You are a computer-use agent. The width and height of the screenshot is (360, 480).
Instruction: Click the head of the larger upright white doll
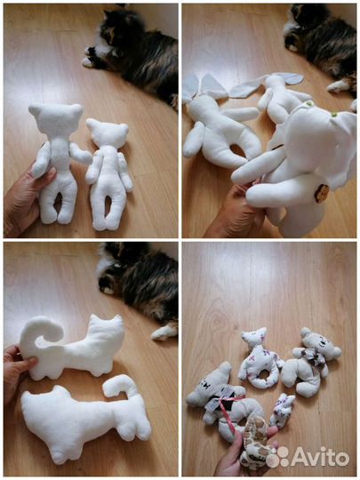coord(51,121)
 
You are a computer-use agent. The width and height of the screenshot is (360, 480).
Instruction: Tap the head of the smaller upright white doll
coord(108,133)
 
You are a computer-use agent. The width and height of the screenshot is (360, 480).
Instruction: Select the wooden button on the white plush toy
coord(322,194)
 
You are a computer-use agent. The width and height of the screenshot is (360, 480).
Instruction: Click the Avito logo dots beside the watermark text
coord(277,457)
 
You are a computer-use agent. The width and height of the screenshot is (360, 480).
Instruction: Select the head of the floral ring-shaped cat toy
coord(254,339)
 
